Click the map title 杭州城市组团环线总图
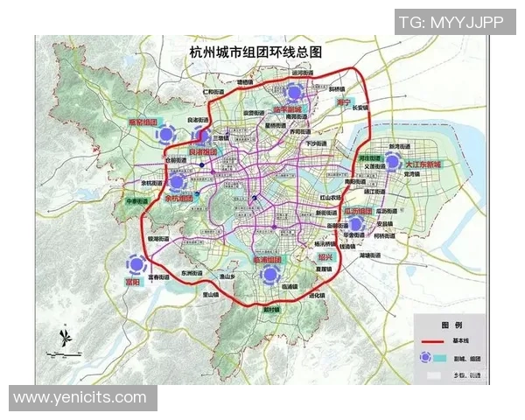click(256, 53)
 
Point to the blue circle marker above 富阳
click(135, 263)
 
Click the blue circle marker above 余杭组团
click(178, 182)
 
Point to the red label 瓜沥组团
click(359, 212)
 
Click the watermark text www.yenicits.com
click(80, 398)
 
